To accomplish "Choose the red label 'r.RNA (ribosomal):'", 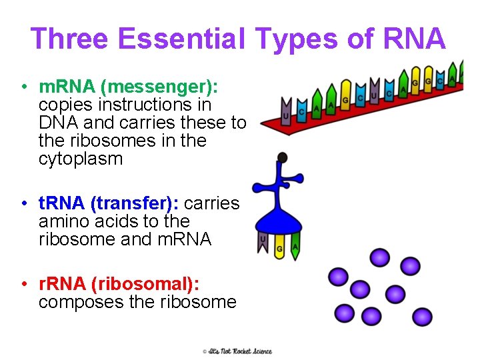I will [119, 284].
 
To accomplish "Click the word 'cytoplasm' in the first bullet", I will [81, 159].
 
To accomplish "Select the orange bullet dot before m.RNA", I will [23, 87].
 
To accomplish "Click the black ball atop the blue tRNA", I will [283, 157].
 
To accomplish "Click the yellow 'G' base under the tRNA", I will [280, 247].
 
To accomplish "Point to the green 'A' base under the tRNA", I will [295, 246].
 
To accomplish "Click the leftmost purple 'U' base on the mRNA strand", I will [286, 112].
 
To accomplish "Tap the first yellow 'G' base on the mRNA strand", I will [345, 97].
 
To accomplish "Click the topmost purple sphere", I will [380, 257].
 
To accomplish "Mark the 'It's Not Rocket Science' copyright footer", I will [237, 351].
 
